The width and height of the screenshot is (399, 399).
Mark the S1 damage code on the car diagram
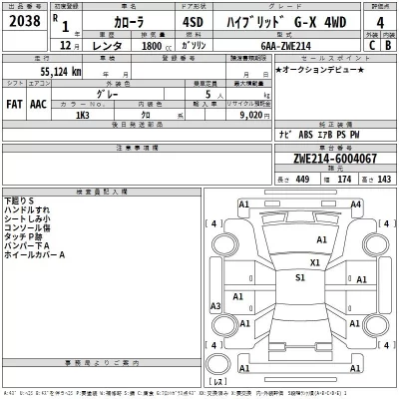299,278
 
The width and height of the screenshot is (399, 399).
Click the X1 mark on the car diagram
314,262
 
